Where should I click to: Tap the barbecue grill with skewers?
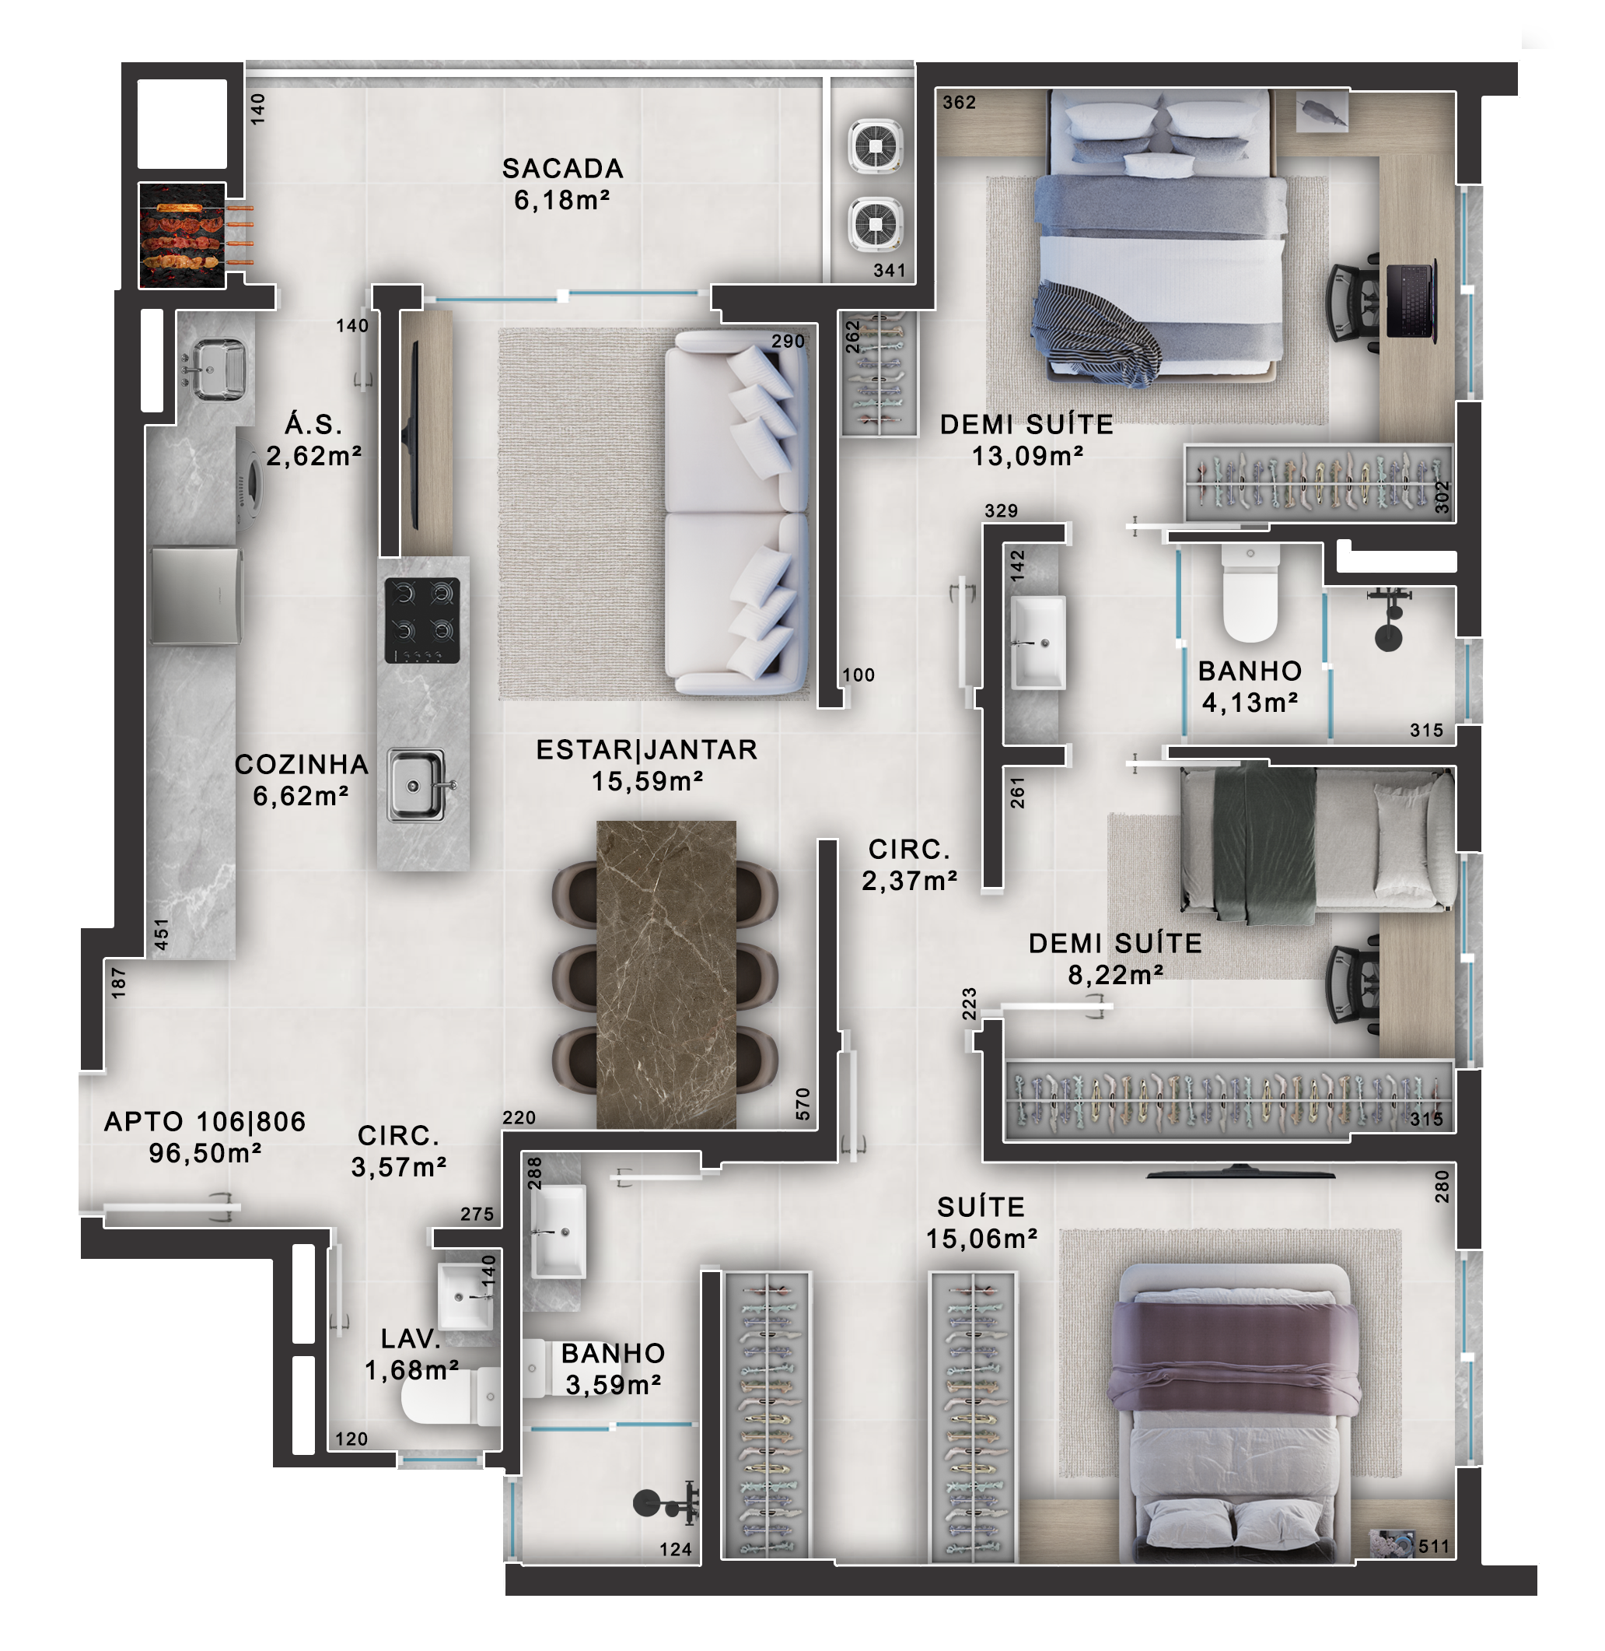[183, 235]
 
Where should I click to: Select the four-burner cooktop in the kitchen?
[422, 620]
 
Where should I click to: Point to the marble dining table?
[666, 974]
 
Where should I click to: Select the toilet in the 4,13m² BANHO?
[1250, 594]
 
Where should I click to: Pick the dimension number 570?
[802, 1105]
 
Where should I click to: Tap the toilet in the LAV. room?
[450, 1397]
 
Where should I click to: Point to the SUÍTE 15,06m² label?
[981, 1222]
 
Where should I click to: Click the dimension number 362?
[960, 103]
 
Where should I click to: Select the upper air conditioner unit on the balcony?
[876, 148]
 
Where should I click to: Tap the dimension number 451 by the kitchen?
[161, 935]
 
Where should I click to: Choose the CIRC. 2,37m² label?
[910, 865]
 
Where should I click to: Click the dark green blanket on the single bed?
[1264, 844]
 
